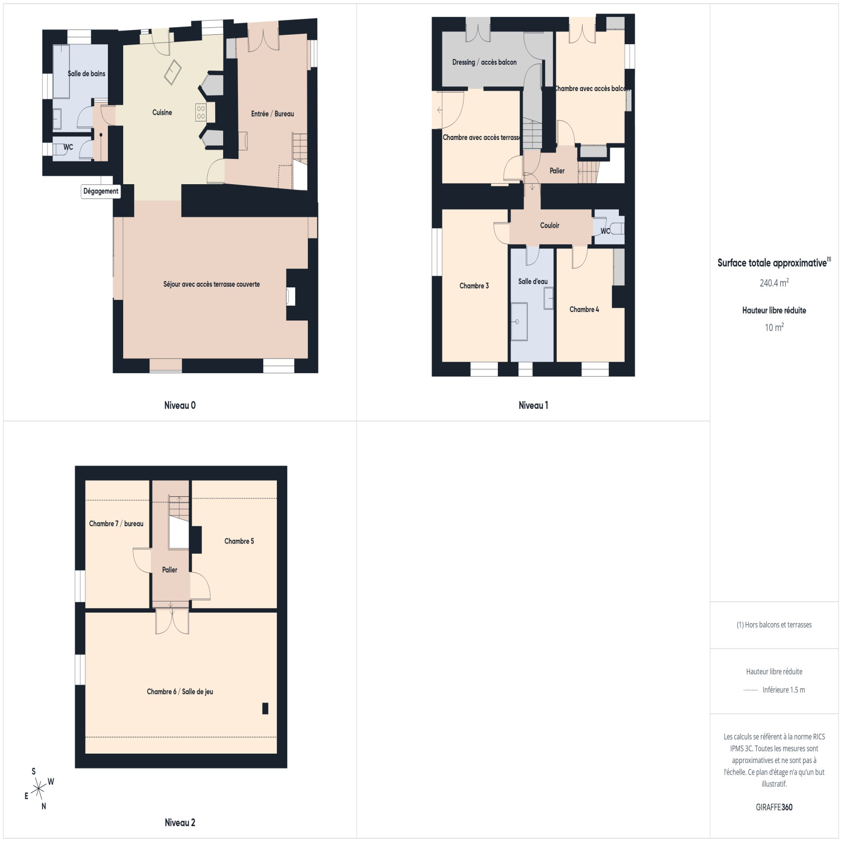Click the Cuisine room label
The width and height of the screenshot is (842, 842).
pos(162,112)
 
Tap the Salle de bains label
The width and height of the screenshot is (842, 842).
pos(86,74)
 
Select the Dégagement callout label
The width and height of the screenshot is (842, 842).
pos(101,192)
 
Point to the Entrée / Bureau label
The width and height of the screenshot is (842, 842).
pos(273,114)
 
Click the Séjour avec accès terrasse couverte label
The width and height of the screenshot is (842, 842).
pos(212,284)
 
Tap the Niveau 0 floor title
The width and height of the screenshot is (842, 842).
pos(180,405)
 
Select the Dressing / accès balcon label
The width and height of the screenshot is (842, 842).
pos(484,62)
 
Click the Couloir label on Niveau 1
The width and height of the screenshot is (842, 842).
pos(550,225)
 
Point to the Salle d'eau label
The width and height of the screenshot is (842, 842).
pos(533,282)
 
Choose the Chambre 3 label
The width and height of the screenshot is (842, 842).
pos(474,286)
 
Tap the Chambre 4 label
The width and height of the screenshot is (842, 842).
pos(584,309)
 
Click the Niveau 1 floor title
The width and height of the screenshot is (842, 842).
pos(534,405)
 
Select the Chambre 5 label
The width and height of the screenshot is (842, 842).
pos(239,541)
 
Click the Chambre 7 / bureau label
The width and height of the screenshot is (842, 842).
pos(116,524)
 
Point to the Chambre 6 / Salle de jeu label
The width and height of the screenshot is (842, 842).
pos(180,691)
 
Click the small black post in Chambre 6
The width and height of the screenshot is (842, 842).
pos(265,708)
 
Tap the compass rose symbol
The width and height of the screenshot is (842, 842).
pos(38,789)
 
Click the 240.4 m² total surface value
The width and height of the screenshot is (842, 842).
pos(774,283)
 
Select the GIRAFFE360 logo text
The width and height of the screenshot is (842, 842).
pos(774,807)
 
